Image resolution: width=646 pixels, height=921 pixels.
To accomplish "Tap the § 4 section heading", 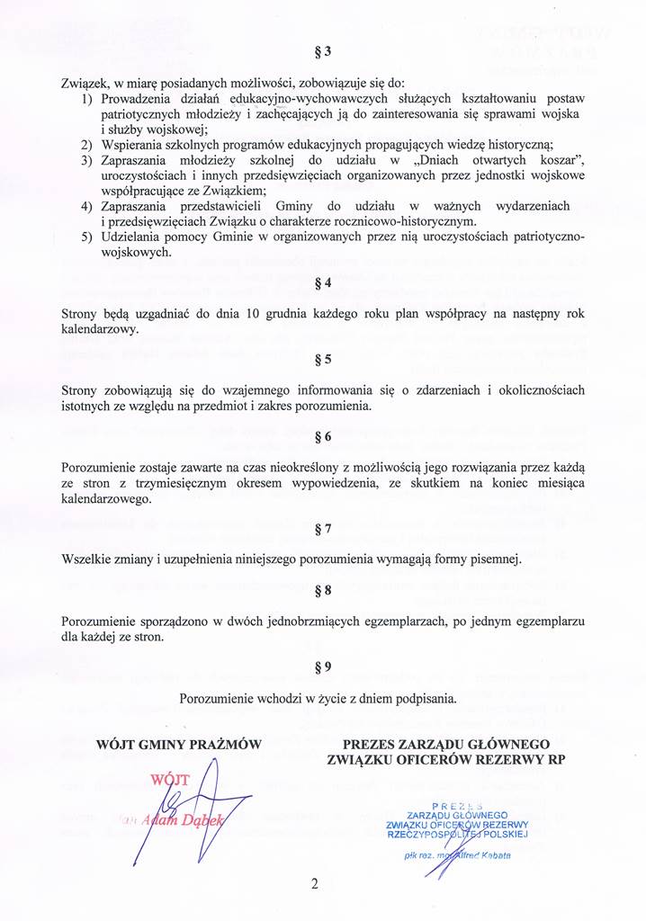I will pyautogui.click(x=323, y=282).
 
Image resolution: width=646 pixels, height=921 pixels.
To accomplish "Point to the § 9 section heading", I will pyautogui.click(x=323, y=666).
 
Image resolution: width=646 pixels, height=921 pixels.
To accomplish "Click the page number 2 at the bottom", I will pyautogui.click(x=315, y=883).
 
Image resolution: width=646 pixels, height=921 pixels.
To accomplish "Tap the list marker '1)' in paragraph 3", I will pyautogui.click(x=87, y=97).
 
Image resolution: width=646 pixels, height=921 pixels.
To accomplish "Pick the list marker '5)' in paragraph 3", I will pyautogui.click(x=87, y=237).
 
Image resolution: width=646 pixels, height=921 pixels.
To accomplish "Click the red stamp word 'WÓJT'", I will pyautogui.click(x=170, y=779).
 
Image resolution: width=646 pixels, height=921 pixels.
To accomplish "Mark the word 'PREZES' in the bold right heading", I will pyautogui.click(x=372, y=745).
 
